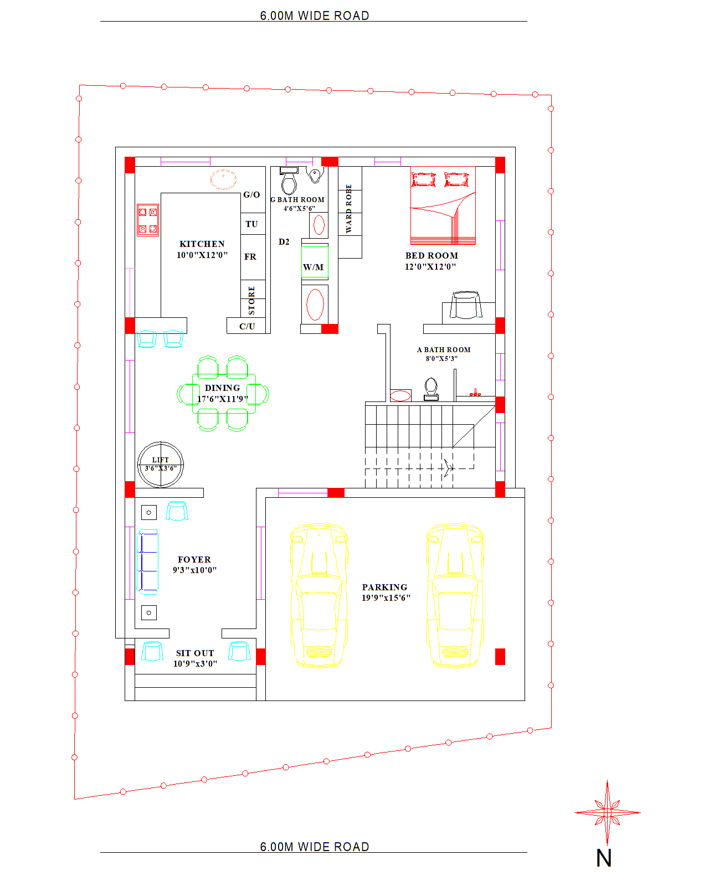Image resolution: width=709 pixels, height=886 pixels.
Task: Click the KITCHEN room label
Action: [202, 244]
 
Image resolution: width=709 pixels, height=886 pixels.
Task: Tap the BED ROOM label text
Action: [431, 256]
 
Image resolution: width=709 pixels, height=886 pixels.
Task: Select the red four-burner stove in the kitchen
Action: [148, 220]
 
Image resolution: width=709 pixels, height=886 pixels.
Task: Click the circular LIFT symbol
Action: [160, 465]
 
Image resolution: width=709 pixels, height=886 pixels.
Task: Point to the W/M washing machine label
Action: [313, 267]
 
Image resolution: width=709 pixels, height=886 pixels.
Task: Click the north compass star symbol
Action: [607, 812]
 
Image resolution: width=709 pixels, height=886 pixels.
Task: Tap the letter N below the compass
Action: [604, 858]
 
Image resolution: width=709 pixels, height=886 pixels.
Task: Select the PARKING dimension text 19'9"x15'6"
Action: [386, 598]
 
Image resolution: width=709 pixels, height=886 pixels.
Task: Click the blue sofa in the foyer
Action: [148, 562]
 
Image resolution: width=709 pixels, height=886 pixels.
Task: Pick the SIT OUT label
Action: [195, 653]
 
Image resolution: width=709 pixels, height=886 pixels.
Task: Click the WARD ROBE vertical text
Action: [349, 208]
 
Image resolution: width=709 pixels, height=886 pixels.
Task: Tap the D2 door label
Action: [284, 241]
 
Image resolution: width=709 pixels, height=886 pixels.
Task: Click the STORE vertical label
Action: [251, 301]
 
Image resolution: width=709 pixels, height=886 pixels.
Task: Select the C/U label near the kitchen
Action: [247, 327]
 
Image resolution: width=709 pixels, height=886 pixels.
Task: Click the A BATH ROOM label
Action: [444, 349]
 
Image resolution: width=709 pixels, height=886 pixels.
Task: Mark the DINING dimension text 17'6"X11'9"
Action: [223, 399]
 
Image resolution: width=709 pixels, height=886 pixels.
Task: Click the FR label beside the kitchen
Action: [250, 256]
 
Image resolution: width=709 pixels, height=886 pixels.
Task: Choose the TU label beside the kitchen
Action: [251, 224]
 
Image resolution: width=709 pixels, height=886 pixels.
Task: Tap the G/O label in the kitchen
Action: [251, 195]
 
